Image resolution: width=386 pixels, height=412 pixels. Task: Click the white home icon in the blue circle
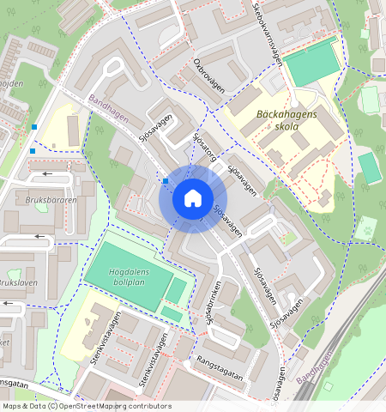(193, 199)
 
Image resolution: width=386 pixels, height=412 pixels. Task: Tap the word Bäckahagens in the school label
(286, 113)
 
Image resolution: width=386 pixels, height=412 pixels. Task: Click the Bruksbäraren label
(27, 200)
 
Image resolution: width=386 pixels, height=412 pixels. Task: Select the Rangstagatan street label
(220, 367)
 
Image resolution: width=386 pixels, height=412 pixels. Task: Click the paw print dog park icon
(368, 229)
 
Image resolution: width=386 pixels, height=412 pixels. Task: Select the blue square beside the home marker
(165, 181)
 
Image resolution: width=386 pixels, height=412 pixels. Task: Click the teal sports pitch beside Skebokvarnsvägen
(311, 62)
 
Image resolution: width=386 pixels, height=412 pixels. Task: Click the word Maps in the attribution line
(12, 406)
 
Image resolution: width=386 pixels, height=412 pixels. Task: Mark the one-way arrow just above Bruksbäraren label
(43, 174)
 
